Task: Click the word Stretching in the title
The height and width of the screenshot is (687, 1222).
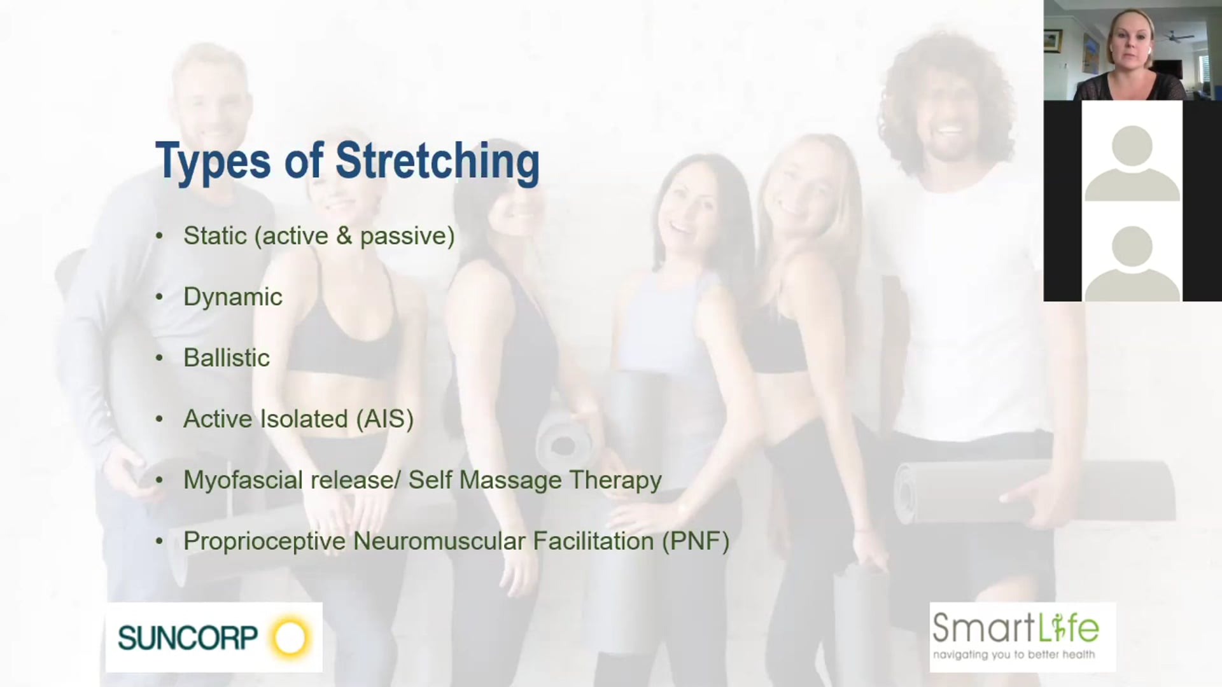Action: pyautogui.click(x=437, y=160)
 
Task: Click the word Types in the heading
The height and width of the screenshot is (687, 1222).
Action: pyautogui.click(x=213, y=162)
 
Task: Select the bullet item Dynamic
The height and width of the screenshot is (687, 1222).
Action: pyautogui.click(x=233, y=297)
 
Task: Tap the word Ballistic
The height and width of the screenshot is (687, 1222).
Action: pyautogui.click(x=227, y=358)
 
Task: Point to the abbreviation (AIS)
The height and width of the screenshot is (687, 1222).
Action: pyautogui.click(x=384, y=419)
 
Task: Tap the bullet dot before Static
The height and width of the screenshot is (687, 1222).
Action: pyautogui.click(x=159, y=236)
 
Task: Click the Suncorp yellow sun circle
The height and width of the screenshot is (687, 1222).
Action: pyautogui.click(x=290, y=637)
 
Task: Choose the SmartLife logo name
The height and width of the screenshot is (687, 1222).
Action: pyautogui.click(x=1015, y=628)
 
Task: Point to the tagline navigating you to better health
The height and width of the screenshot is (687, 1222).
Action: pyautogui.click(x=1014, y=655)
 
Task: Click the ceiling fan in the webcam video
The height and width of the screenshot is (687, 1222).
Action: pyautogui.click(x=1174, y=37)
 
